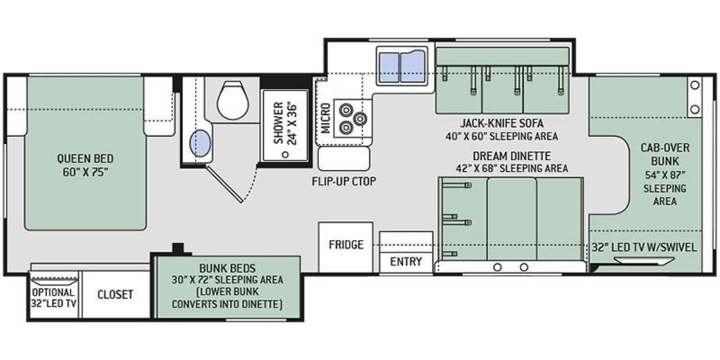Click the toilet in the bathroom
pos(233,100)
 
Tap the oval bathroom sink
pos(200,143)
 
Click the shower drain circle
pos(285,155)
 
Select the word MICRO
pos(325,118)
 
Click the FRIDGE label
pos(346,245)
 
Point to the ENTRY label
pos(406,262)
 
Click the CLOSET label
pos(115,295)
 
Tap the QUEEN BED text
pos(85,159)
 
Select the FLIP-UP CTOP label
pos(344,181)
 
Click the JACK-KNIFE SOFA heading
pos(502,123)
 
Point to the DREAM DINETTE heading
pos(511,156)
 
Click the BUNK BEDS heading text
pos(227,268)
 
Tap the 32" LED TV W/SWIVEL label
pos(644,247)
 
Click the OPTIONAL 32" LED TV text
pos(53,298)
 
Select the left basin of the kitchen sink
pos(389,67)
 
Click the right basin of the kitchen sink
pos(413,67)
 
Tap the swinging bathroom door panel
pos(224,184)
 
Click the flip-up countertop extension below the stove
pos(344,159)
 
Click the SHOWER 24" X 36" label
pos(285,123)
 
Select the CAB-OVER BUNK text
pos(665,155)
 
